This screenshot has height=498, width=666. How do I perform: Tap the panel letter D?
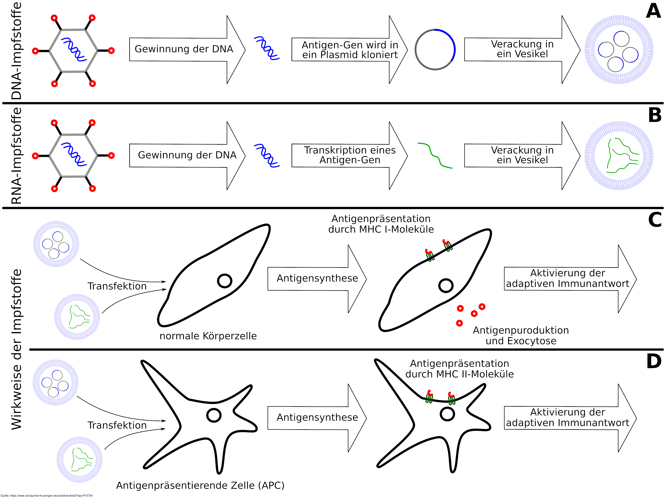[654, 361]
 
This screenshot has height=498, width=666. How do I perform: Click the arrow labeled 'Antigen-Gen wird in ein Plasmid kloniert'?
[349, 50]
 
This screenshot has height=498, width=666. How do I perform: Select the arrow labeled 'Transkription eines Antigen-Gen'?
[349, 155]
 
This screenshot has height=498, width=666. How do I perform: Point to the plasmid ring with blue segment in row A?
[435, 50]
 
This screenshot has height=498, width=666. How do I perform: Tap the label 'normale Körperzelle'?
[208, 336]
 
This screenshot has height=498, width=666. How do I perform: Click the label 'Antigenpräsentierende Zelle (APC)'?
[200, 485]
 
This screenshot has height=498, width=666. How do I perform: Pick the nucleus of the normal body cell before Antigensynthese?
[225, 281]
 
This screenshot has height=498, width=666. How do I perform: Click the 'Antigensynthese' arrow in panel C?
[317, 279]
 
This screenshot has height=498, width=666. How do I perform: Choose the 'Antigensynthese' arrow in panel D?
[317, 418]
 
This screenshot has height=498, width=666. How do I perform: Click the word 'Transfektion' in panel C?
[117, 286]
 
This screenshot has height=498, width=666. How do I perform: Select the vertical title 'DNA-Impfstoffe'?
[17, 51]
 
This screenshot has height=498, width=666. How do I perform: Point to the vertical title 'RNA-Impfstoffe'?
[17, 156]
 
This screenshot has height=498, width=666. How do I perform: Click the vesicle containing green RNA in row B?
[619, 156]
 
